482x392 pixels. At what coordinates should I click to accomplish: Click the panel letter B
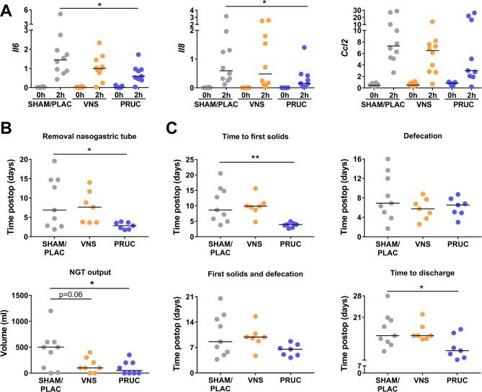point(6,133)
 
